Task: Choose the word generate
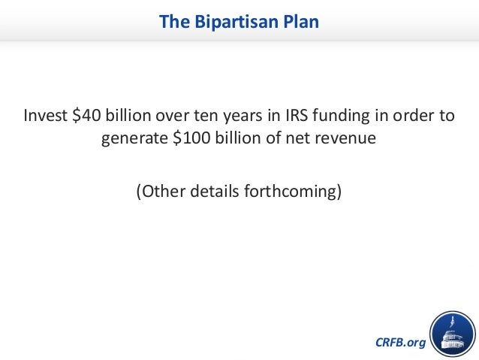pos(133,141)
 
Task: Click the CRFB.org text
pos(399,343)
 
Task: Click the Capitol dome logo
pos(453,333)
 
